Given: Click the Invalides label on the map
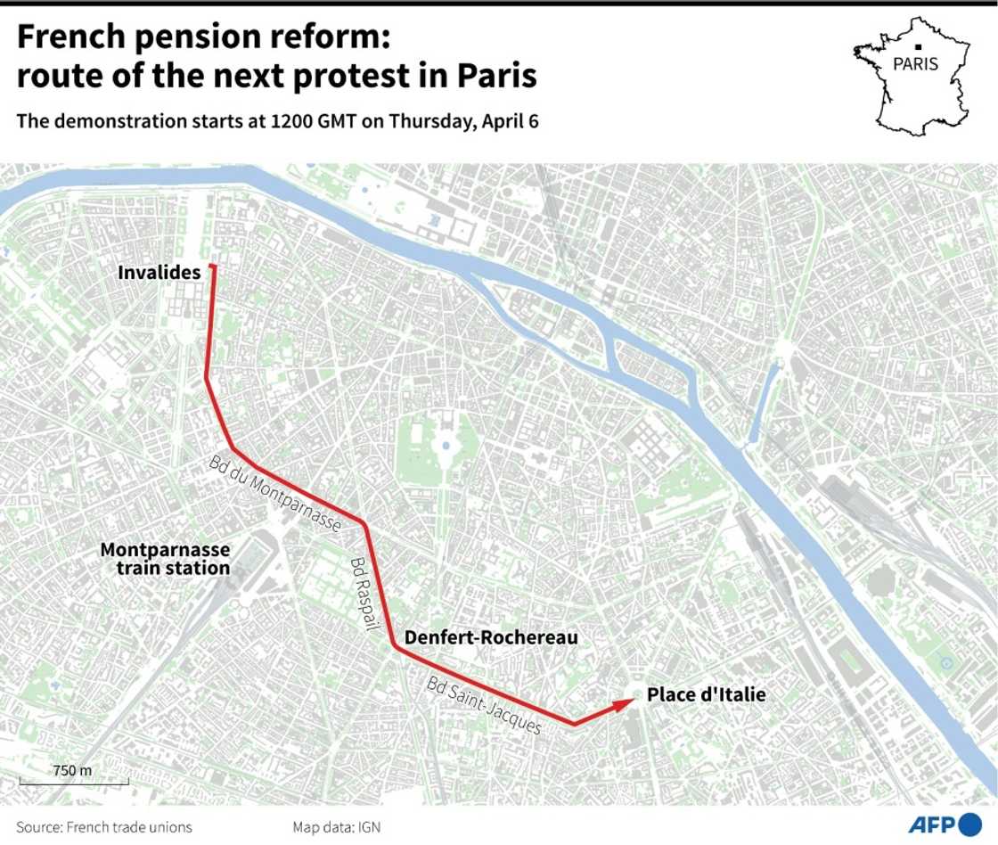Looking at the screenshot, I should click(160, 273).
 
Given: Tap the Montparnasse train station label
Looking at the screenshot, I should click(165, 559).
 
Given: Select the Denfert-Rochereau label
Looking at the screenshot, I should click(491, 637).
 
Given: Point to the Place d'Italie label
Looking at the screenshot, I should click(706, 694).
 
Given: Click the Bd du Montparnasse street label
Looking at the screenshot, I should click(275, 494).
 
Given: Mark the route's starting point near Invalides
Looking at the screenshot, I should click(212, 267).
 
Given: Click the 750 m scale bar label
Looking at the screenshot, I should click(71, 770).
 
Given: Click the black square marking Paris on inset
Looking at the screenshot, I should click(916, 46).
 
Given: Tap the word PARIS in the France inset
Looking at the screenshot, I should click(915, 64).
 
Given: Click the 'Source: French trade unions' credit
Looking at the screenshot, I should click(103, 827).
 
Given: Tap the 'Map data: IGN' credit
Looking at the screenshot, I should click(336, 827).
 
